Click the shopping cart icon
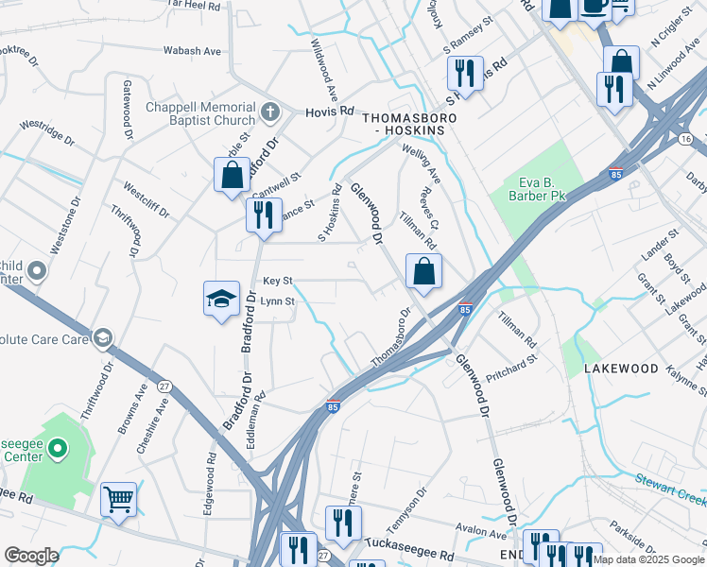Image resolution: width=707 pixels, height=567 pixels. (118, 498)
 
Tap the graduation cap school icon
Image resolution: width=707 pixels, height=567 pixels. (220, 300)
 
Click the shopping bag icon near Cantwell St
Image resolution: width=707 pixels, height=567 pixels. (232, 175)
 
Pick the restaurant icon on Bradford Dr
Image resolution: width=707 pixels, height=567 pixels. (263, 214)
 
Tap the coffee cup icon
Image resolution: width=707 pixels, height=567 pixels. (594, 6)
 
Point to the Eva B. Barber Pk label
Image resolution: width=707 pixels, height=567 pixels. (542, 190)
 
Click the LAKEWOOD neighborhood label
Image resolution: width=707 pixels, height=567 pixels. (619, 368)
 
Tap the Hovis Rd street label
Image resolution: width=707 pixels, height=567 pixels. (327, 112)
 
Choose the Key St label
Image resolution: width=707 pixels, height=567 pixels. (278, 281)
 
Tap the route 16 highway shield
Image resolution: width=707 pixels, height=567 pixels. (684, 139)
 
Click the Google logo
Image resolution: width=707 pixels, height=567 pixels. (31, 556)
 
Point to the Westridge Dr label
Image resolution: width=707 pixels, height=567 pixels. (46, 131)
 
